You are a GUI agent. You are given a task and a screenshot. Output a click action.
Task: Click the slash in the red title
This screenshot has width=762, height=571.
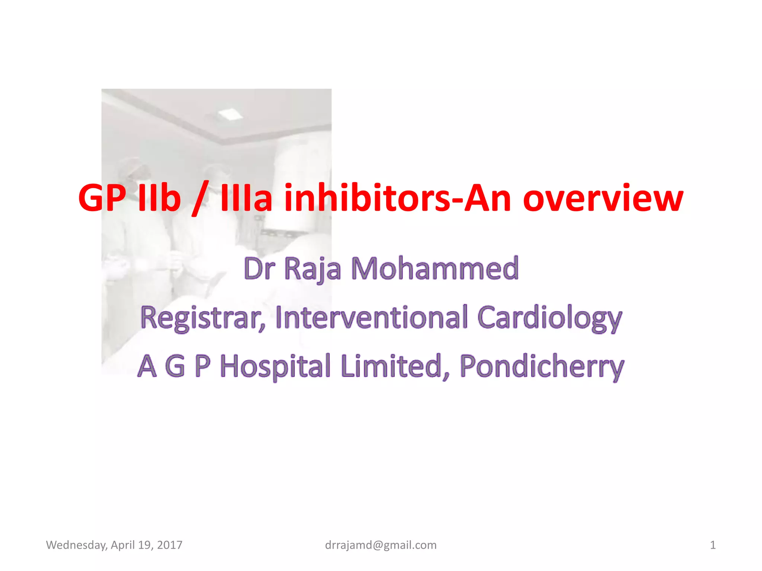(x=201, y=199)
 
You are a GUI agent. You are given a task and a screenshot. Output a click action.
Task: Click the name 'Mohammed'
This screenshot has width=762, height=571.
(x=435, y=268)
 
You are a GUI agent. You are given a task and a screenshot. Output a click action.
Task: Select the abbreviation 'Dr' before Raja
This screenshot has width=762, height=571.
(x=259, y=268)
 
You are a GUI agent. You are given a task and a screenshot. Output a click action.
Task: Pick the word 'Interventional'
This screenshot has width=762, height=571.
(x=371, y=317)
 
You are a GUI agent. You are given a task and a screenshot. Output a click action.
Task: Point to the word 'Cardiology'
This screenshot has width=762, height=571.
(x=550, y=318)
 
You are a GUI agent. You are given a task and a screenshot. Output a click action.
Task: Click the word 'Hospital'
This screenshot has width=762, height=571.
(x=275, y=367)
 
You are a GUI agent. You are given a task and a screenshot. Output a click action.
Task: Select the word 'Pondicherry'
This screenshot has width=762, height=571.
(x=541, y=367)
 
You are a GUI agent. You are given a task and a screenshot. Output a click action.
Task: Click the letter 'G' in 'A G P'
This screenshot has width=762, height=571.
(x=175, y=367)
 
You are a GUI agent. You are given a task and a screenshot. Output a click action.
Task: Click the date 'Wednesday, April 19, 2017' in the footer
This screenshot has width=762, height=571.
(x=114, y=545)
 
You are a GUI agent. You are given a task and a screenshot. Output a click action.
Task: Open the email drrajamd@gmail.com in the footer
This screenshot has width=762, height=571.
(x=381, y=545)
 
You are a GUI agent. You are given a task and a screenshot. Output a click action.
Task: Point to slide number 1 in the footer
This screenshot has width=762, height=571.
(x=713, y=545)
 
